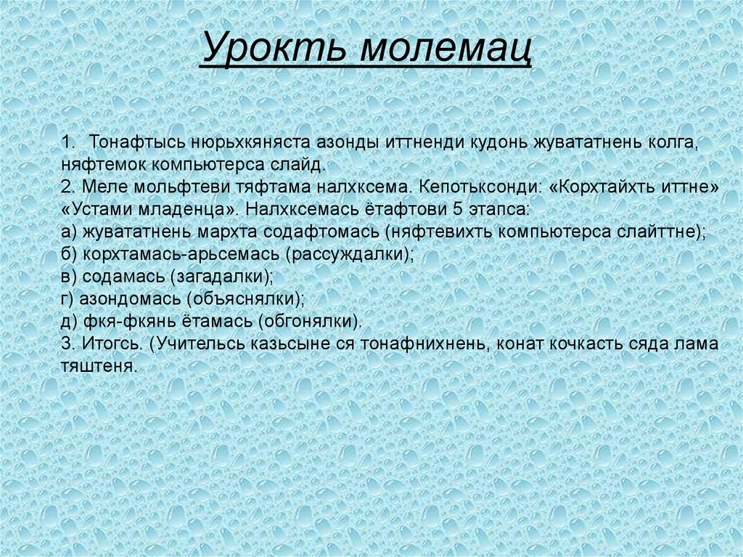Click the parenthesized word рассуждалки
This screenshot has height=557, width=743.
[x=349, y=255]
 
